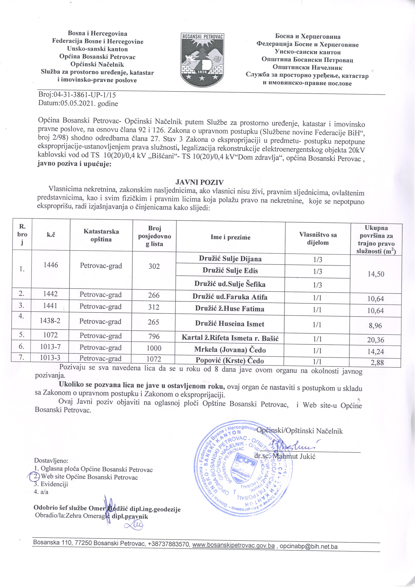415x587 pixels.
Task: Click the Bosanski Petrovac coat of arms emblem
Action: click(202, 59)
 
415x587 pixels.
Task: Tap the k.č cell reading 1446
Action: click(51, 265)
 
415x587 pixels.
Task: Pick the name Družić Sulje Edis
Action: click(230, 271)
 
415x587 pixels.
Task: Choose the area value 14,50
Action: click(376, 274)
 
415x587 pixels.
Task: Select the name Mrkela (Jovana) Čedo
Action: click(230, 350)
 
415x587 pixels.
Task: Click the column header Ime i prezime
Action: click(230, 237)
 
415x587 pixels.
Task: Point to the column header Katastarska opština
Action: click(101, 235)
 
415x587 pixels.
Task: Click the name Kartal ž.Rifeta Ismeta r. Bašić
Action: click(230, 338)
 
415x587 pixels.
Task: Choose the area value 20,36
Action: click(376, 340)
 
